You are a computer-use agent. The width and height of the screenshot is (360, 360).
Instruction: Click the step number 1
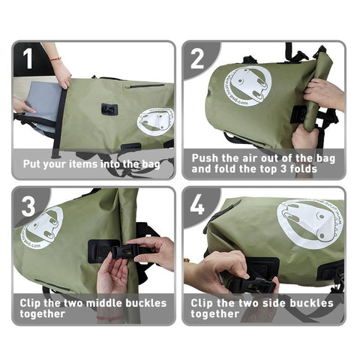pyautogui.click(x=28, y=58)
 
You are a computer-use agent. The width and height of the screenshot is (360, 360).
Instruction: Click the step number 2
pyautogui.click(x=197, y=58)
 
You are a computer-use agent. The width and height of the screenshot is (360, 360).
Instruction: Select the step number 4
pyautogui.click(x=197, y=203)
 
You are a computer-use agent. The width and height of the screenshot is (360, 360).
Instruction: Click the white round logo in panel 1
pyautogui.click(x=155, y=121)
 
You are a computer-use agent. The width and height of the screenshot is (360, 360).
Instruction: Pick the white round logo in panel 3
pyautogui.click(x=43, y=227)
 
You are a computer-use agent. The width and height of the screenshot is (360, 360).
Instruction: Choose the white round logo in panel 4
pyautogui.click(x=309, y=222)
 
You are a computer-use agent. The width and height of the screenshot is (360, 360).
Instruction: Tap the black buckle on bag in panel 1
pyautogui.click(x=109, y=109)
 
